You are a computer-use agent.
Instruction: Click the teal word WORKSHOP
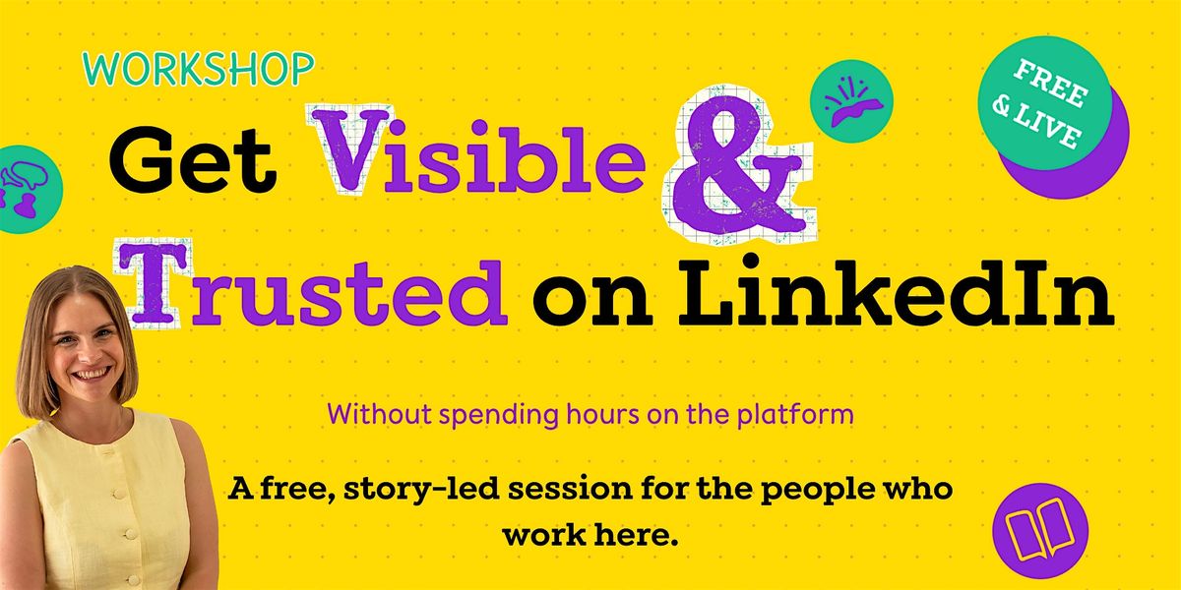(198, 69)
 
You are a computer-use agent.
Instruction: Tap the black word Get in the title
(193, 159)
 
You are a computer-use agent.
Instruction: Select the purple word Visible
(478, 150)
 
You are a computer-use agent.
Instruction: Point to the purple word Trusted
(312, 284)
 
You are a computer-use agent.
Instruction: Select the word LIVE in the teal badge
(1046, 127)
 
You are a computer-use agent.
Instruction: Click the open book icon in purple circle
(1039, 530)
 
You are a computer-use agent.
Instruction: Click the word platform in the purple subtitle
(795, 415)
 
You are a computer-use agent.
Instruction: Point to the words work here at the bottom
(590, 535)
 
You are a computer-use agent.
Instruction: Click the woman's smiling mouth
(93, 374)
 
